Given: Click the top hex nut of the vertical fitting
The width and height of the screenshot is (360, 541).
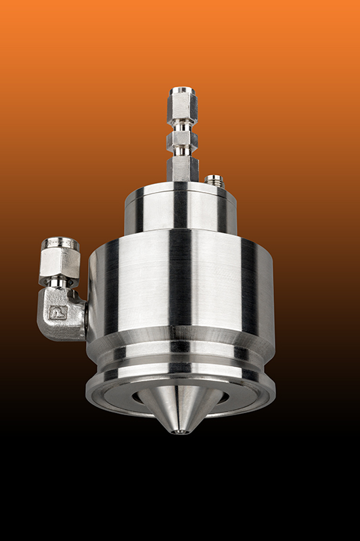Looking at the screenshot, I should click(182, 105).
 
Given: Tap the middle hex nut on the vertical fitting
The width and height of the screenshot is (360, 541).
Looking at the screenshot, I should click(182, 140).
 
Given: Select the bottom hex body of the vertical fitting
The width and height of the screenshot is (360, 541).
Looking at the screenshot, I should click(183, 167).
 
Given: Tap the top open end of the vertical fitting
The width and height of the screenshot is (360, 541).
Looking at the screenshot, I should click(182, 90).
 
